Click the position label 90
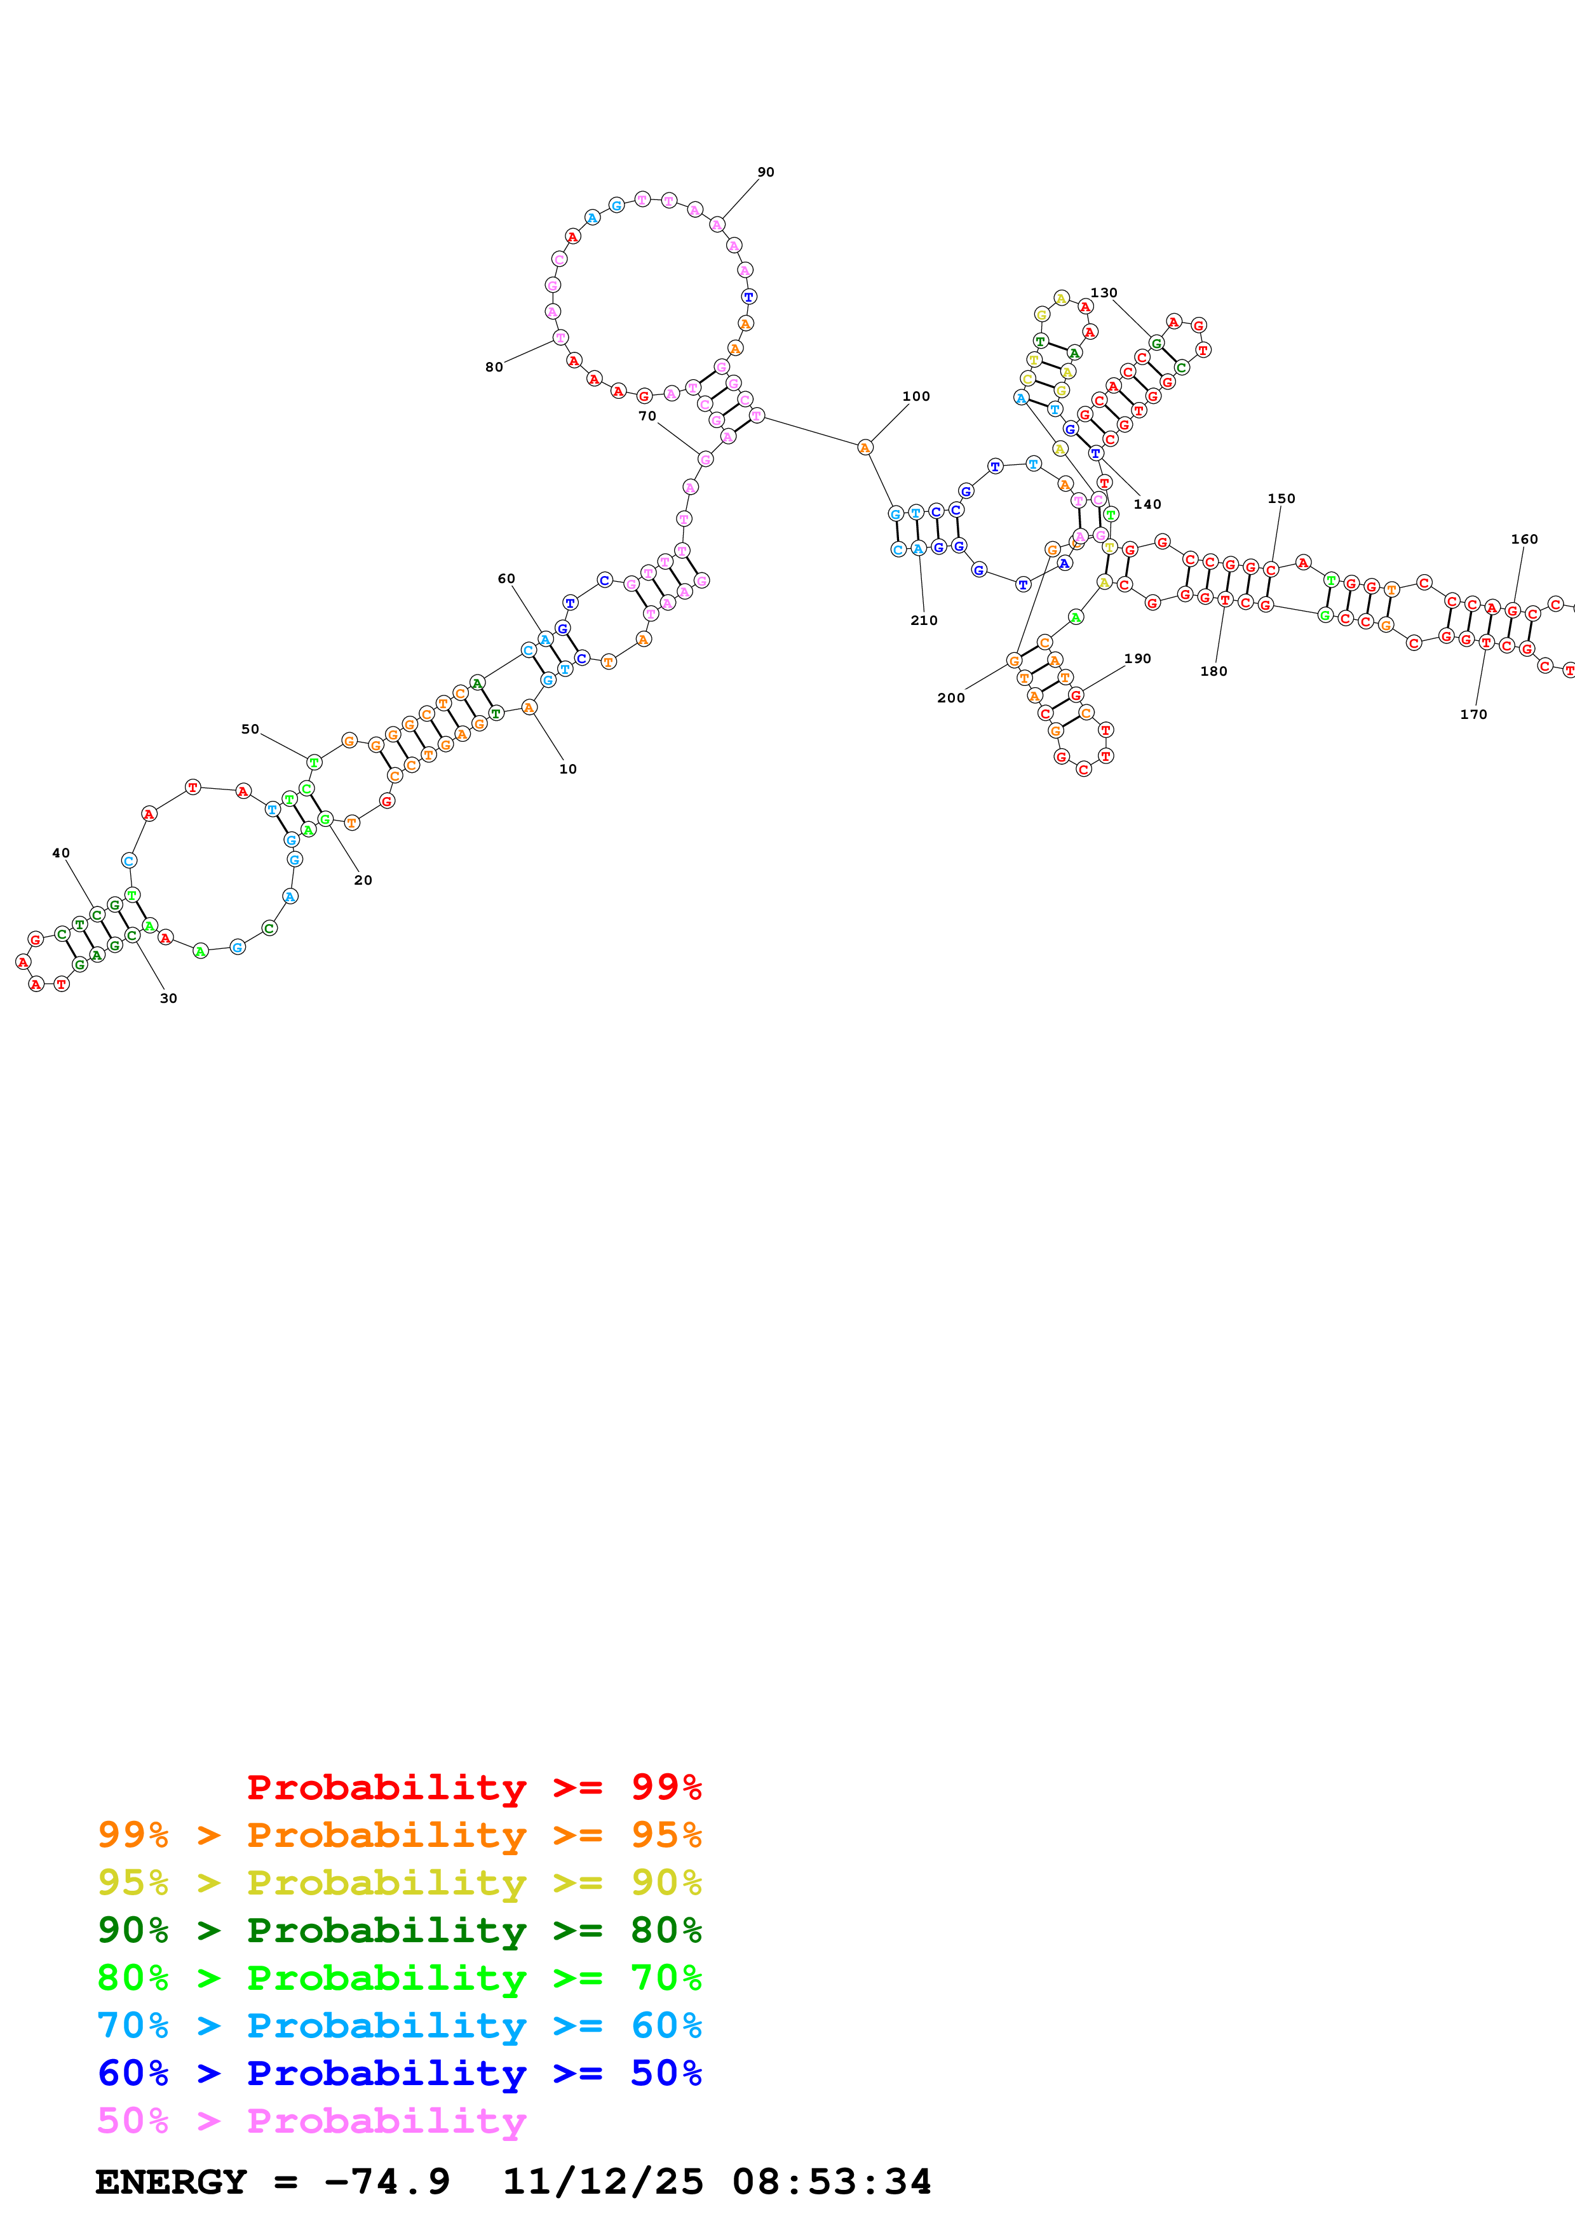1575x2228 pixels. click(766, 171)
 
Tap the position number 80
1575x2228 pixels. click(494, 367)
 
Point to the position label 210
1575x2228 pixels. click(923, 620)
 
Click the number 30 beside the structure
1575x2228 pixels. click(168, 998)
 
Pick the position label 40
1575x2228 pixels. click(60, 853)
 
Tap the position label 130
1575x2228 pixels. click(1104, 292)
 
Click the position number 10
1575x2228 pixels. click(568, 768)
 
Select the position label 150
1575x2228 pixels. click(1280, 498)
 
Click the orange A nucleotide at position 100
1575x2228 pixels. click(865, 447)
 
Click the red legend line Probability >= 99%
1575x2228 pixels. click(473, 1787)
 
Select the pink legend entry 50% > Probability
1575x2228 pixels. click(311, 2121)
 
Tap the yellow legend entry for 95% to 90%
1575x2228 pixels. click(399, 1882)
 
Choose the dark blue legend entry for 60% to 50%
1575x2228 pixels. click(399, 2073)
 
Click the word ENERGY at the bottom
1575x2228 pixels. click(171, 2182)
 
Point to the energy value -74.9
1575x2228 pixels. click(387, 2182)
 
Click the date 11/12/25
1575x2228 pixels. click(602, 2182)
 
